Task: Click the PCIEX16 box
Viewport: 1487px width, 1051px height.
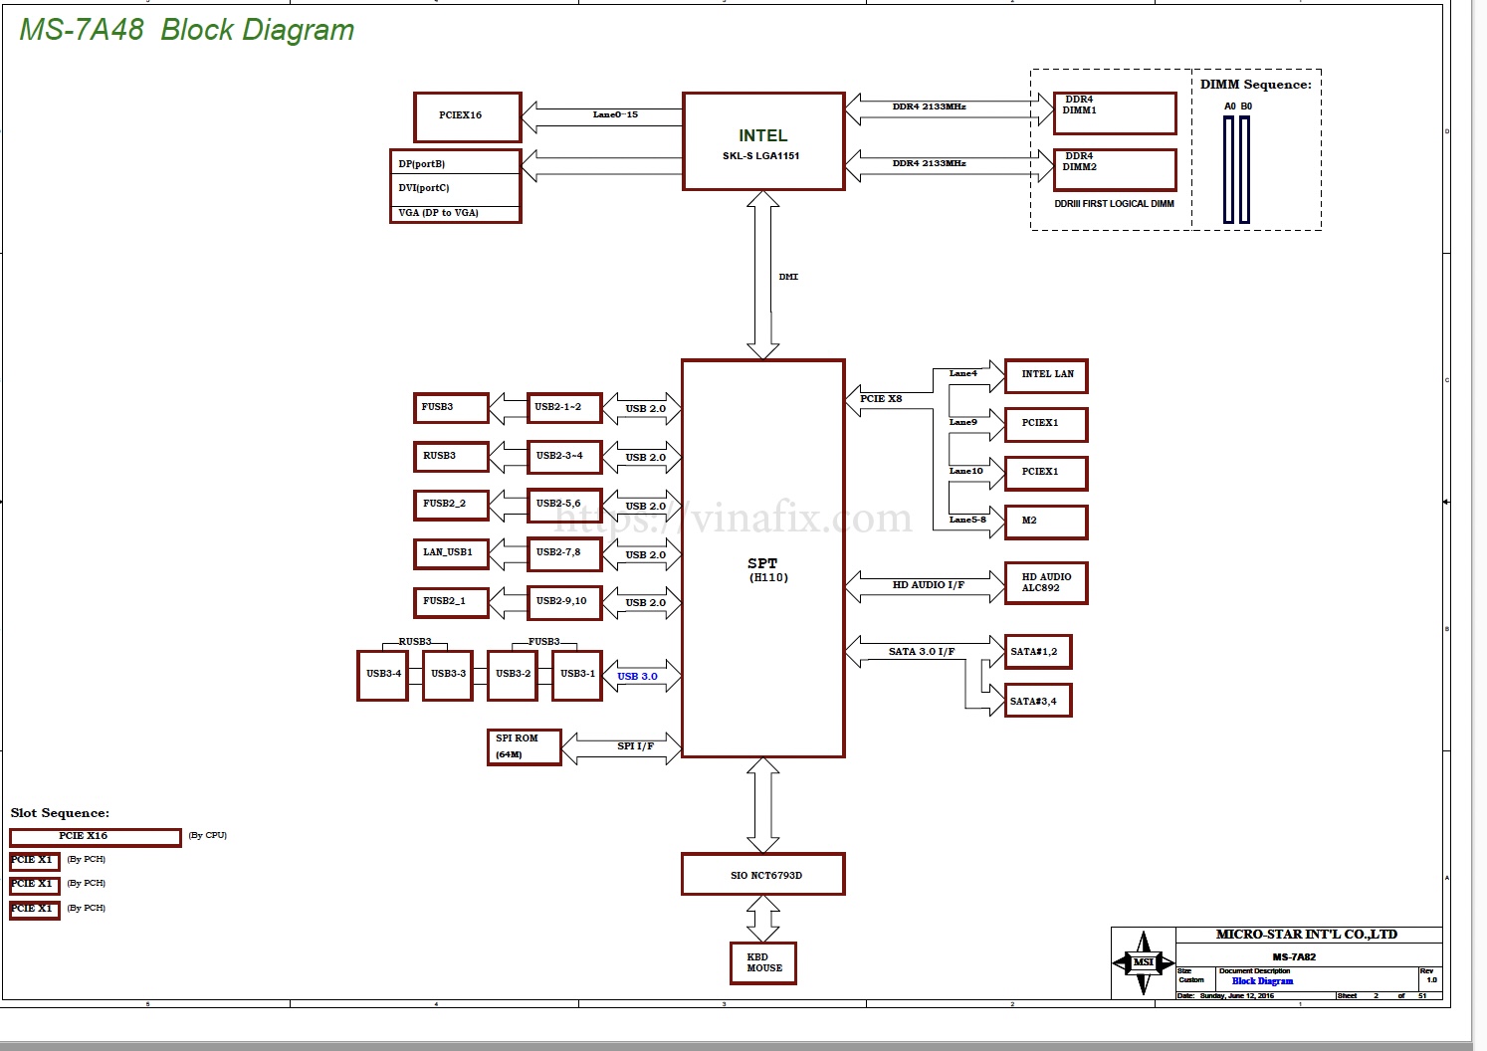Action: (x=467, y=117)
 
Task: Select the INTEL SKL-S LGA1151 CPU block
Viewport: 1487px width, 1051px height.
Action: (x=763, y=141)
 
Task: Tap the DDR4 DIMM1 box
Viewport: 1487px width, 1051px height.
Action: (x=1114, y=112)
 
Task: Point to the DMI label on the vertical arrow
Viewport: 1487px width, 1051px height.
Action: (x=788, y=277)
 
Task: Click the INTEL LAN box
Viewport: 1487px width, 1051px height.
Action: (x=1046, y=375)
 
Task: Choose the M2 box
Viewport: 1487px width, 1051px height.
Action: (x=1046, y=522)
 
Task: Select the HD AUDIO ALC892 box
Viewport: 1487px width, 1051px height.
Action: (x=1046, y=583)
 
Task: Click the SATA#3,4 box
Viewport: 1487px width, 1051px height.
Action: (x=1038, y=701)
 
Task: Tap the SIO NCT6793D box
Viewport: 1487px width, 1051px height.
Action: (x=763, y=875)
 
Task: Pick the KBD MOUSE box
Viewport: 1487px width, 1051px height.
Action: (x=763, y=962)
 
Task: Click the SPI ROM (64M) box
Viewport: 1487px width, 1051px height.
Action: (x=524, y=747)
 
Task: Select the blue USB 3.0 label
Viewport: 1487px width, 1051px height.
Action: (x=637, y=677)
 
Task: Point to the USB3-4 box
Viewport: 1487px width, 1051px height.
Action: (x=383, y=675)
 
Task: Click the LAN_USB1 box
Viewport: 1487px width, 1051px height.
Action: (x=450, y=553)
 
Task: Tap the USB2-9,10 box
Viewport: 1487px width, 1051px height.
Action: (x=563, y=602)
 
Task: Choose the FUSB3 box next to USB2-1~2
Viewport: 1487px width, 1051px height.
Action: (x=450, y=407)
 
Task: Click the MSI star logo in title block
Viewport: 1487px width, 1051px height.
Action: (x=1144, y=962)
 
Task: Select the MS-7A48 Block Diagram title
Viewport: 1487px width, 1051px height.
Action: (x=187, y=30)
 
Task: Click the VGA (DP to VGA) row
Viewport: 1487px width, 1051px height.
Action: (x=455, y=213)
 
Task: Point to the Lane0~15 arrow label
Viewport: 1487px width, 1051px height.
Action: (x=615, y=114)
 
